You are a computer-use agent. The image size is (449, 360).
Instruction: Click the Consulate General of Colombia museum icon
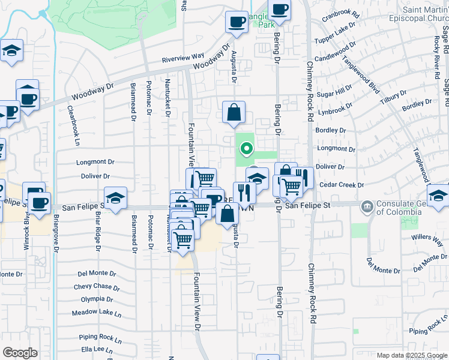367,208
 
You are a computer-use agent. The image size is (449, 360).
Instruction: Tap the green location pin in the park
246,148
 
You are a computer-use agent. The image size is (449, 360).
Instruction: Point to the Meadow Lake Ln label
96,313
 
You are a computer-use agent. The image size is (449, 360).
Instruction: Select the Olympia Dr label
97,299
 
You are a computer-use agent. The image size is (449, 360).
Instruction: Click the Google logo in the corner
20,353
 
